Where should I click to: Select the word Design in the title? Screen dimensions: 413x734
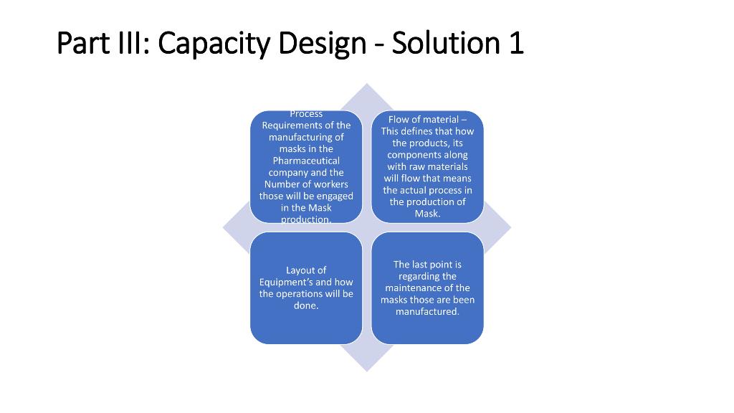pos(322,44)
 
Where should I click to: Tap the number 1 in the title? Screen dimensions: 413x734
pos(515,44)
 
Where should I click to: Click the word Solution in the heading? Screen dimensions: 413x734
pos(444,44)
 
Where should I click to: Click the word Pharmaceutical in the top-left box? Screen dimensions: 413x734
pos(306,161)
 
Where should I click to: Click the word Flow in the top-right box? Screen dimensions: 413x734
pos(399,119)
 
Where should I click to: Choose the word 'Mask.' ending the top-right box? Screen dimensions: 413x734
pos(427,214)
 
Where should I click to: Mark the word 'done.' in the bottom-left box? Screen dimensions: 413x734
pos(306,305)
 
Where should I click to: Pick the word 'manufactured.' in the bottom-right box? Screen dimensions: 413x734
pos(427,312)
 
